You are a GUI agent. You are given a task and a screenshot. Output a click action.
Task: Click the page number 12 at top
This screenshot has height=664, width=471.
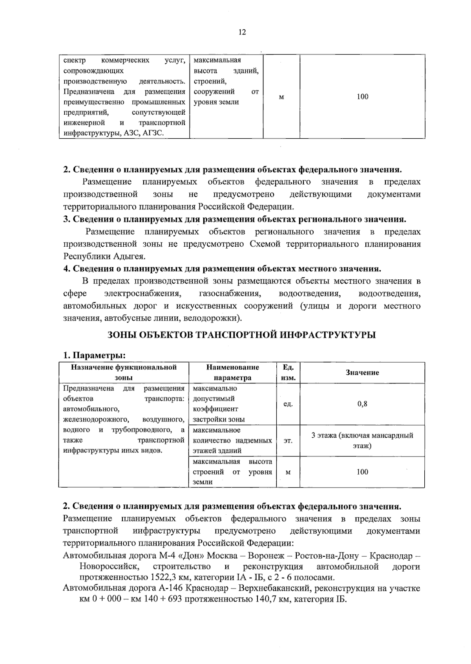242,32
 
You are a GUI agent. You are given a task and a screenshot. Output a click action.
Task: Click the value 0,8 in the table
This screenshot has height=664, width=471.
362,404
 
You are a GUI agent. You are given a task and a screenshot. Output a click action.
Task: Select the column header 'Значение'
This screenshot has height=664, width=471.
362,372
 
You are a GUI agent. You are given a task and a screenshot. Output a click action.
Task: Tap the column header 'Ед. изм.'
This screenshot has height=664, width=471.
288,372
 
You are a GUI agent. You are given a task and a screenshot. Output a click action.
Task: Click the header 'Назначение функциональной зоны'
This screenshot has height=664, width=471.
124,372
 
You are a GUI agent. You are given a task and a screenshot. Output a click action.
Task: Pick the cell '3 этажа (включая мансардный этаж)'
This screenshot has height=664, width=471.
362,440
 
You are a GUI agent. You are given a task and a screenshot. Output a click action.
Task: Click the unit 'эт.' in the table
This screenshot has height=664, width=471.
288,441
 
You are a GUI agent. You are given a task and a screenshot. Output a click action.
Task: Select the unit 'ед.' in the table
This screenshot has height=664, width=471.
288,404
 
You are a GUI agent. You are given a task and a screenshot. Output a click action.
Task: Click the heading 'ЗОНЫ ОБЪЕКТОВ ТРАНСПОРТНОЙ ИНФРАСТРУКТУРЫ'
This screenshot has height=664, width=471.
242,335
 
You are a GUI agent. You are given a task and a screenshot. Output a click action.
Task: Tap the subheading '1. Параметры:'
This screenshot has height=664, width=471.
94,355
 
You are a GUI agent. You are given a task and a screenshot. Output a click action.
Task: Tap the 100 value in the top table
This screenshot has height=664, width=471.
362,97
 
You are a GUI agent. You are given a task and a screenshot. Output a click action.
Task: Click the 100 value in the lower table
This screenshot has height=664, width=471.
362,472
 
